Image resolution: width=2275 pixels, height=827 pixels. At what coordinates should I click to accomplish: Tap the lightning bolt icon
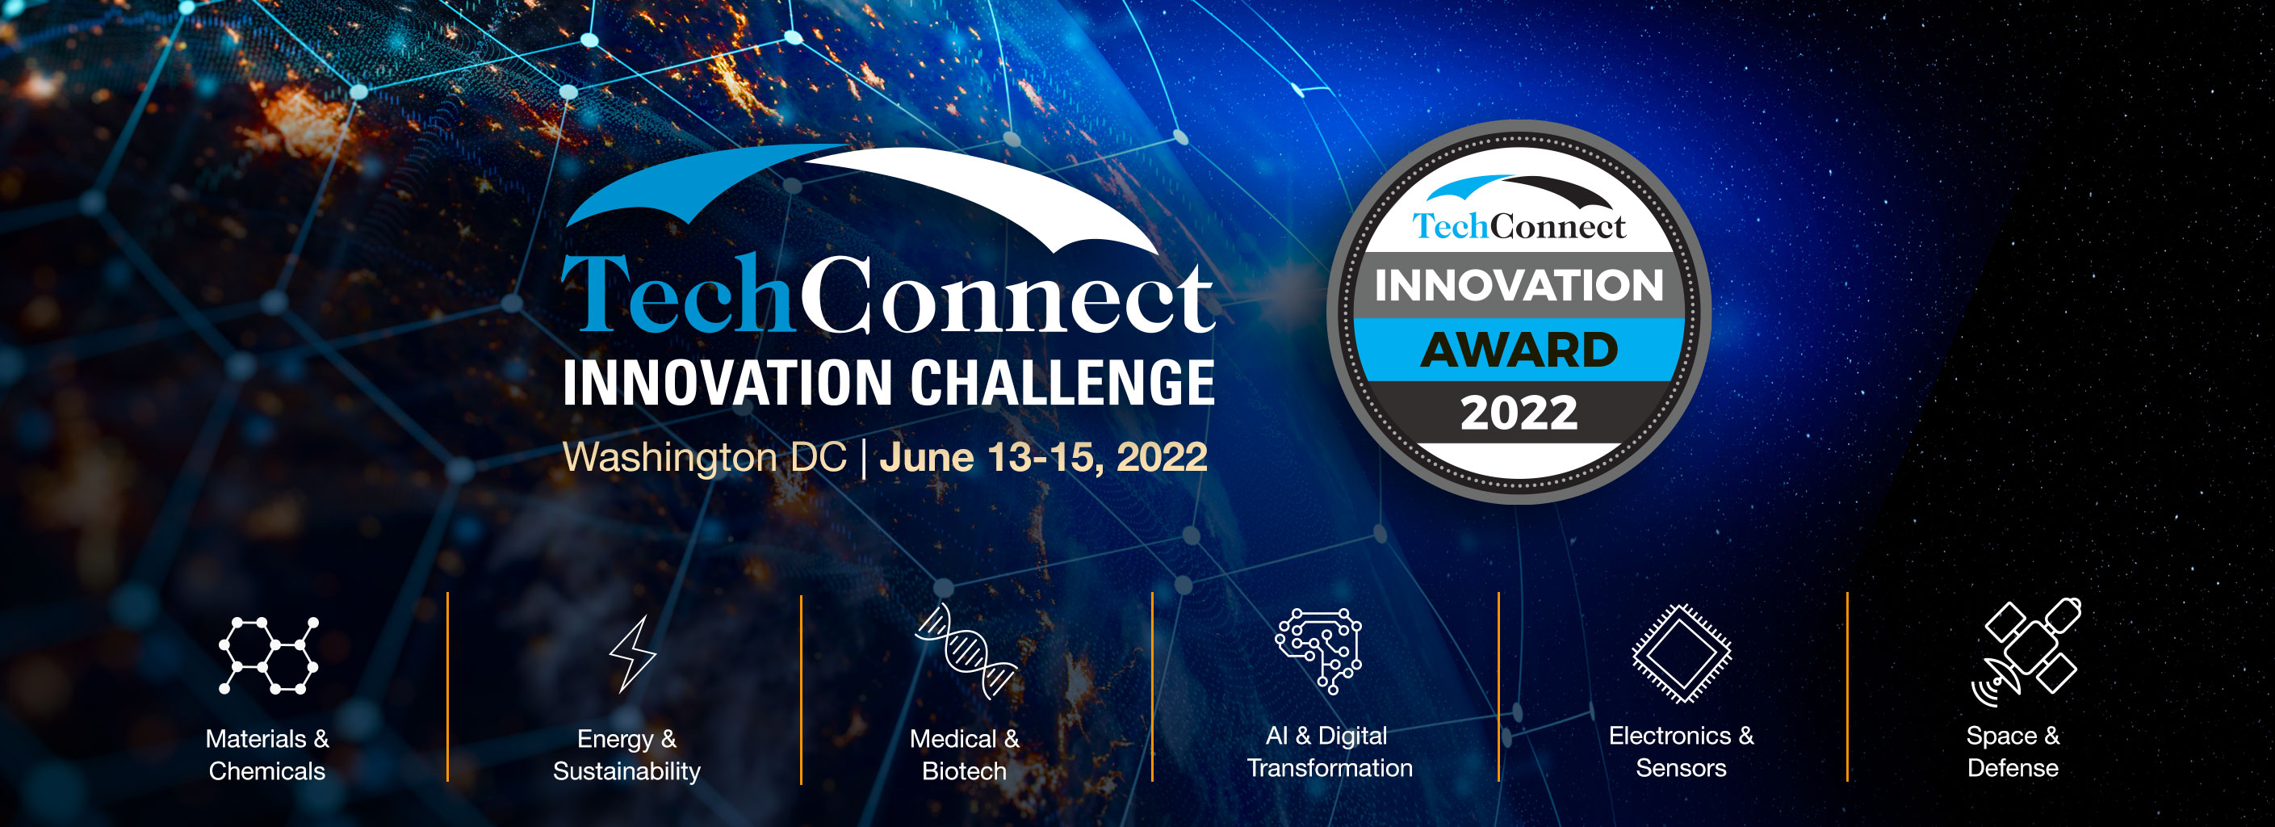pyautogui.click(x=632, y=654)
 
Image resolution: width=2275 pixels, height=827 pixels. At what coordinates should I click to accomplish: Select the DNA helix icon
pyautogui.click(x=966, y=650)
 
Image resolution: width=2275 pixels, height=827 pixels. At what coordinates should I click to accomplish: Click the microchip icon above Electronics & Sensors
pyautogui.click(x=1682, y=654)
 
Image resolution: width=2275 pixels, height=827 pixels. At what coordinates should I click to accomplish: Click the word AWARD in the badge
pyautogui.click(x=1519, y=350)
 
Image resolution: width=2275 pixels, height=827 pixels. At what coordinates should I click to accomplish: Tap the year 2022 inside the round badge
pyautogui.click(x=1519, y=413)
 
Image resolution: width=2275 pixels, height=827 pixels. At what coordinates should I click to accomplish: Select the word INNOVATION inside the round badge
pyautogui.click(x=1519, y=285)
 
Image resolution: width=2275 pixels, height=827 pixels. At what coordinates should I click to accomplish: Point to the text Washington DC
pyautogui.click(x=705, y=458)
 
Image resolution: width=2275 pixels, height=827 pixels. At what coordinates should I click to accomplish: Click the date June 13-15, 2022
pyautogui.click(x=1044, y=457)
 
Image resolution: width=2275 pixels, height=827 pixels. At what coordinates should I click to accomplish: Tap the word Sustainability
pyautogui.click(x=627, y=771)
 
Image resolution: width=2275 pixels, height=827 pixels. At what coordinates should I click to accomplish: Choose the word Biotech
pyautogui.click(x=965, y=771)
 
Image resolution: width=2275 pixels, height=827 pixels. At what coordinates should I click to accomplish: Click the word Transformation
pyautogui.click(x=1330, y=768)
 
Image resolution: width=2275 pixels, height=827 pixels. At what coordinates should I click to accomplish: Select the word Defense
pyautogui.click(x=2013, y=768)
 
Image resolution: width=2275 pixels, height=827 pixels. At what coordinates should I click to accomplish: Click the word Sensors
pyautogui.click(x=1681, y=768)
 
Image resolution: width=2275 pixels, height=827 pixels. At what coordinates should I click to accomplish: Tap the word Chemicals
pyautogui.click(x=266, y=771)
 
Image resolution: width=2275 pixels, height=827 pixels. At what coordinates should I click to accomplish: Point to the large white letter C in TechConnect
pyautogui.click(x=839, y=294)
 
